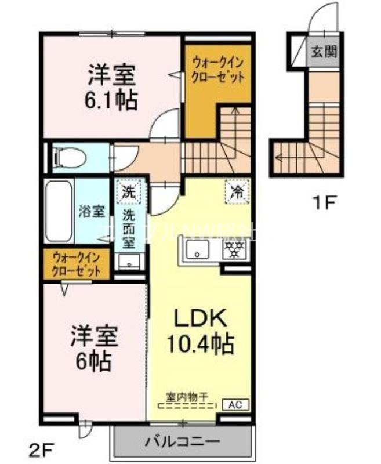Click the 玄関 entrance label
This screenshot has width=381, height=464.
coord(325,50)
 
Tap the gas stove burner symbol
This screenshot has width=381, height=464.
coord(235,251)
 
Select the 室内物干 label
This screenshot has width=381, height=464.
coord(187,398)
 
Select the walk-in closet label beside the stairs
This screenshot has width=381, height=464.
coord(217,70)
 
